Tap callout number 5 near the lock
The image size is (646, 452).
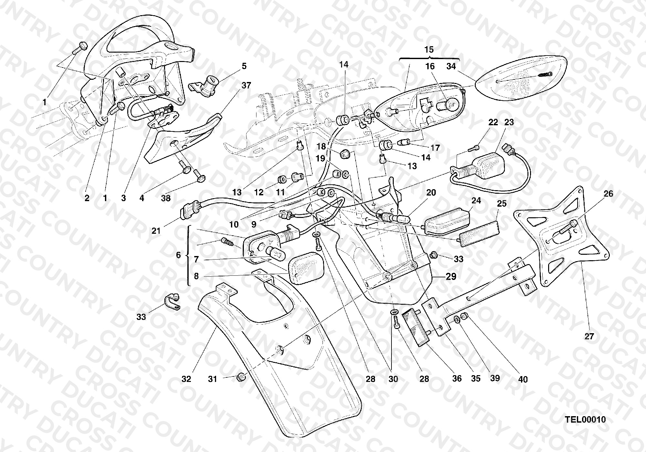click(244, 66)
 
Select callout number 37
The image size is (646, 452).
click(246, 86)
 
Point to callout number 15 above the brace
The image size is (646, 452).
click(429, 50)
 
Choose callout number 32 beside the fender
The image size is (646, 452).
click(186, 379)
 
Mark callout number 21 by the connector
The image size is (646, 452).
click(156, 231)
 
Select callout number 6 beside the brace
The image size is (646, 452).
click(178, 255)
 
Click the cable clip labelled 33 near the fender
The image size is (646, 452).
click(172, 302)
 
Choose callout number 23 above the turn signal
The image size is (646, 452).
click(509, 122)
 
